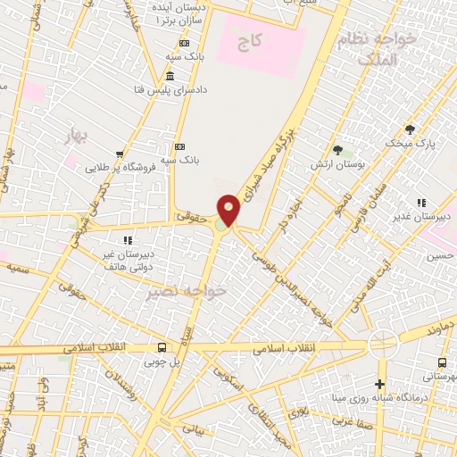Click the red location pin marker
pyautogui.click(x=229, y=210)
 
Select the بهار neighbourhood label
pyautogui.click(x=79, y=135)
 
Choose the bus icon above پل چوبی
pyautogui.click(x=162, y=347)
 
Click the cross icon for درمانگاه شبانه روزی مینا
pyautogui.click(x=381, y=383)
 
